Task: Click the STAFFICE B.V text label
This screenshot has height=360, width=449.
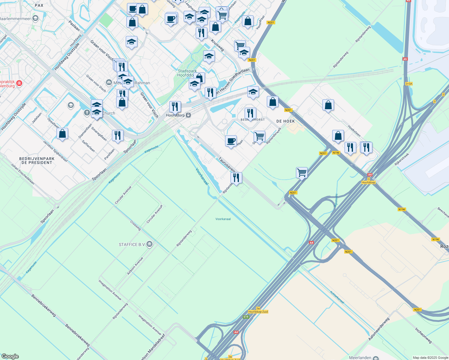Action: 132,244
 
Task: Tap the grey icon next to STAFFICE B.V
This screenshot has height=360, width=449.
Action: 149,244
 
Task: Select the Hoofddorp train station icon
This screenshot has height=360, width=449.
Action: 188,115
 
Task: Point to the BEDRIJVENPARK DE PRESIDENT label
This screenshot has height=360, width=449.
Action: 37,160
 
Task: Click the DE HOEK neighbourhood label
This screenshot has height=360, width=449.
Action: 285,121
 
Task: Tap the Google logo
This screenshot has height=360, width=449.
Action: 10,356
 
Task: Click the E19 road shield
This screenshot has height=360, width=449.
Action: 246,317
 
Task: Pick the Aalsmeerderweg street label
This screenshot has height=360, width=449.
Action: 379,329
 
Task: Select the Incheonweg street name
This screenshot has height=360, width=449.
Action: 423,335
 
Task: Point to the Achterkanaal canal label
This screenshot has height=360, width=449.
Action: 337,297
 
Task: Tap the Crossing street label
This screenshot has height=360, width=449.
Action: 135,226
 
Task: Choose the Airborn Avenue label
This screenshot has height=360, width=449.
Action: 135,266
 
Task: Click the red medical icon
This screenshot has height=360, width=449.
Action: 19,83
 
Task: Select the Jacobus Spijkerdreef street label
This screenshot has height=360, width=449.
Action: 55,151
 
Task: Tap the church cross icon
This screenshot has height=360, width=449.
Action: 87,113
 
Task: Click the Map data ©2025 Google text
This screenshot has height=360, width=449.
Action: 430,358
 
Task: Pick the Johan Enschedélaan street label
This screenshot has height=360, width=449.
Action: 23,174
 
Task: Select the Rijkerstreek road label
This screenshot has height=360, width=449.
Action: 402,159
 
